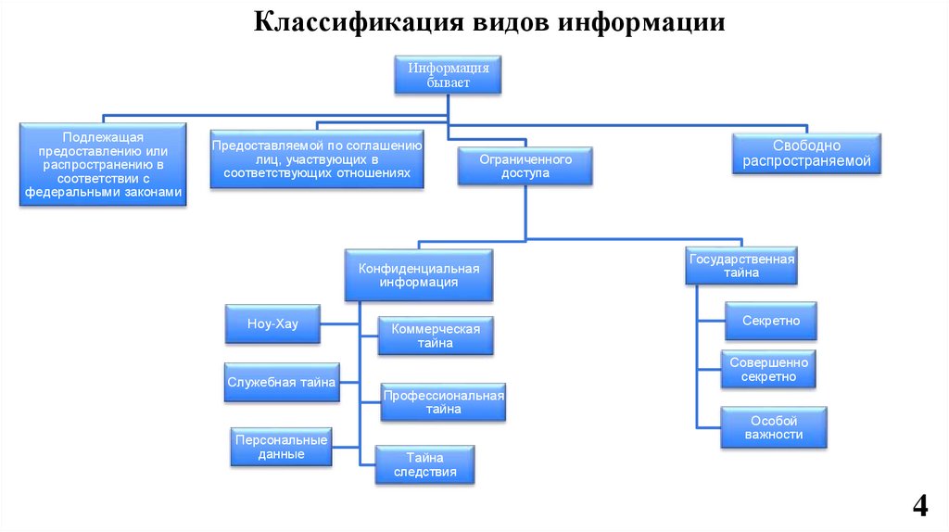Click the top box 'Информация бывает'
pyautogui.click(x=449, y=75)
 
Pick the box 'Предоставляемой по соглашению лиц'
pyautogui.click(x=317, y=159)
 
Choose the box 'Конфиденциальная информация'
pyautogui.click(x=418, y=275)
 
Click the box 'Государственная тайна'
pyautogui.click(x=741, y=266)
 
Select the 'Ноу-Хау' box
pyautogui.click(x=272, y=324)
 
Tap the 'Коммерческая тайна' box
pyautogui.click(x=435, y=336)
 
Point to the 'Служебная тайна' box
pyautogui.click(x=281, y=382)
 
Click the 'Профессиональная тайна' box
pyautogui.click(x=443, y=402)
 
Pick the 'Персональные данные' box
pyautogui.click(x=282, y=447)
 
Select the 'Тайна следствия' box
pyautogui.click(x=424, y=464)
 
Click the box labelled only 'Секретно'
pyautogui.click(x=770, y=321)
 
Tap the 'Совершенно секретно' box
pyautogui.click(x=768, y=370)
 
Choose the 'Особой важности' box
pyautogui.click(x=773, y=427)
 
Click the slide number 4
pyautogui.click(x=919, y=506)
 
